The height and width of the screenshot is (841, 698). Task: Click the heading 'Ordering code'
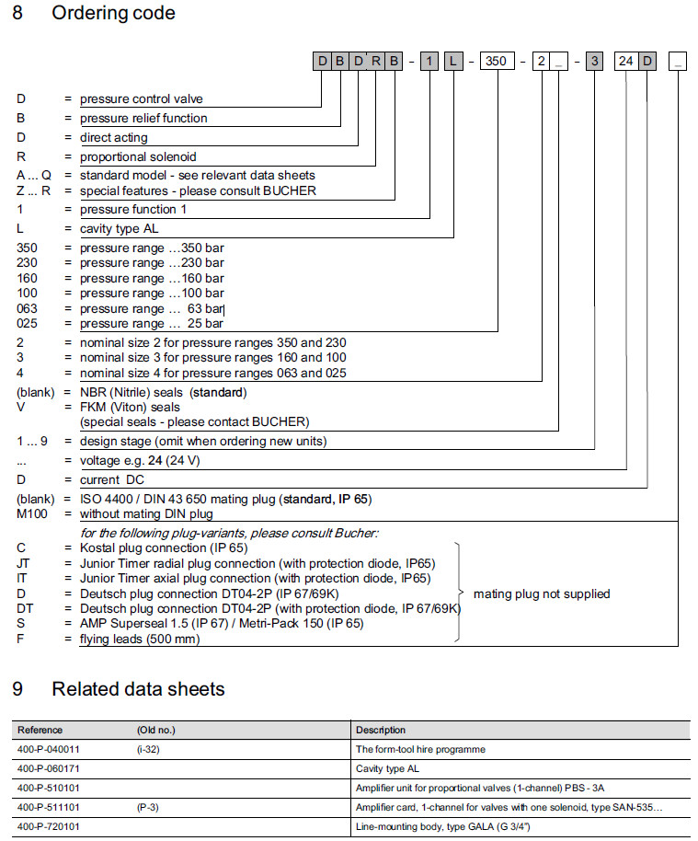(113, 14)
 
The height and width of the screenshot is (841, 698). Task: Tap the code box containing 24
(626, 63)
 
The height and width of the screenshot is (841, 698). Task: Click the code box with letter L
(454, 63)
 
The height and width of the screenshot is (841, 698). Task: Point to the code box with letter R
(376, 63)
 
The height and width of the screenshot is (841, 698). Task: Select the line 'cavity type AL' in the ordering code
(121, 227)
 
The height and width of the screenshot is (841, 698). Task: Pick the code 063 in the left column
(28, 308)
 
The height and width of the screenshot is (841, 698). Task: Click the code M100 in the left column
(33, 513)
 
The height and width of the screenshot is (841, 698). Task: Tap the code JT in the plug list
(24, 563)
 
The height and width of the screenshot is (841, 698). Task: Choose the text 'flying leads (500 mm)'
(140, 639)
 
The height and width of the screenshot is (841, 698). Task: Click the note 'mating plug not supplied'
(541, 593)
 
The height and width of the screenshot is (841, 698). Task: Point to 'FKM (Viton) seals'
(130, 406)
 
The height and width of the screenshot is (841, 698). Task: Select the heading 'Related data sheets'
(138, 689)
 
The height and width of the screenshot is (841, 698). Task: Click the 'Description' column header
(381, 730)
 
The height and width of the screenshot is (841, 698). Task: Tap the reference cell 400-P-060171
(49, 767)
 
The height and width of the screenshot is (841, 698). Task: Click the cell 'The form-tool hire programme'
(420, 749)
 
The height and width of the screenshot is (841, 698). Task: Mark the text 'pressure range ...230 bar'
(152, 262)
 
